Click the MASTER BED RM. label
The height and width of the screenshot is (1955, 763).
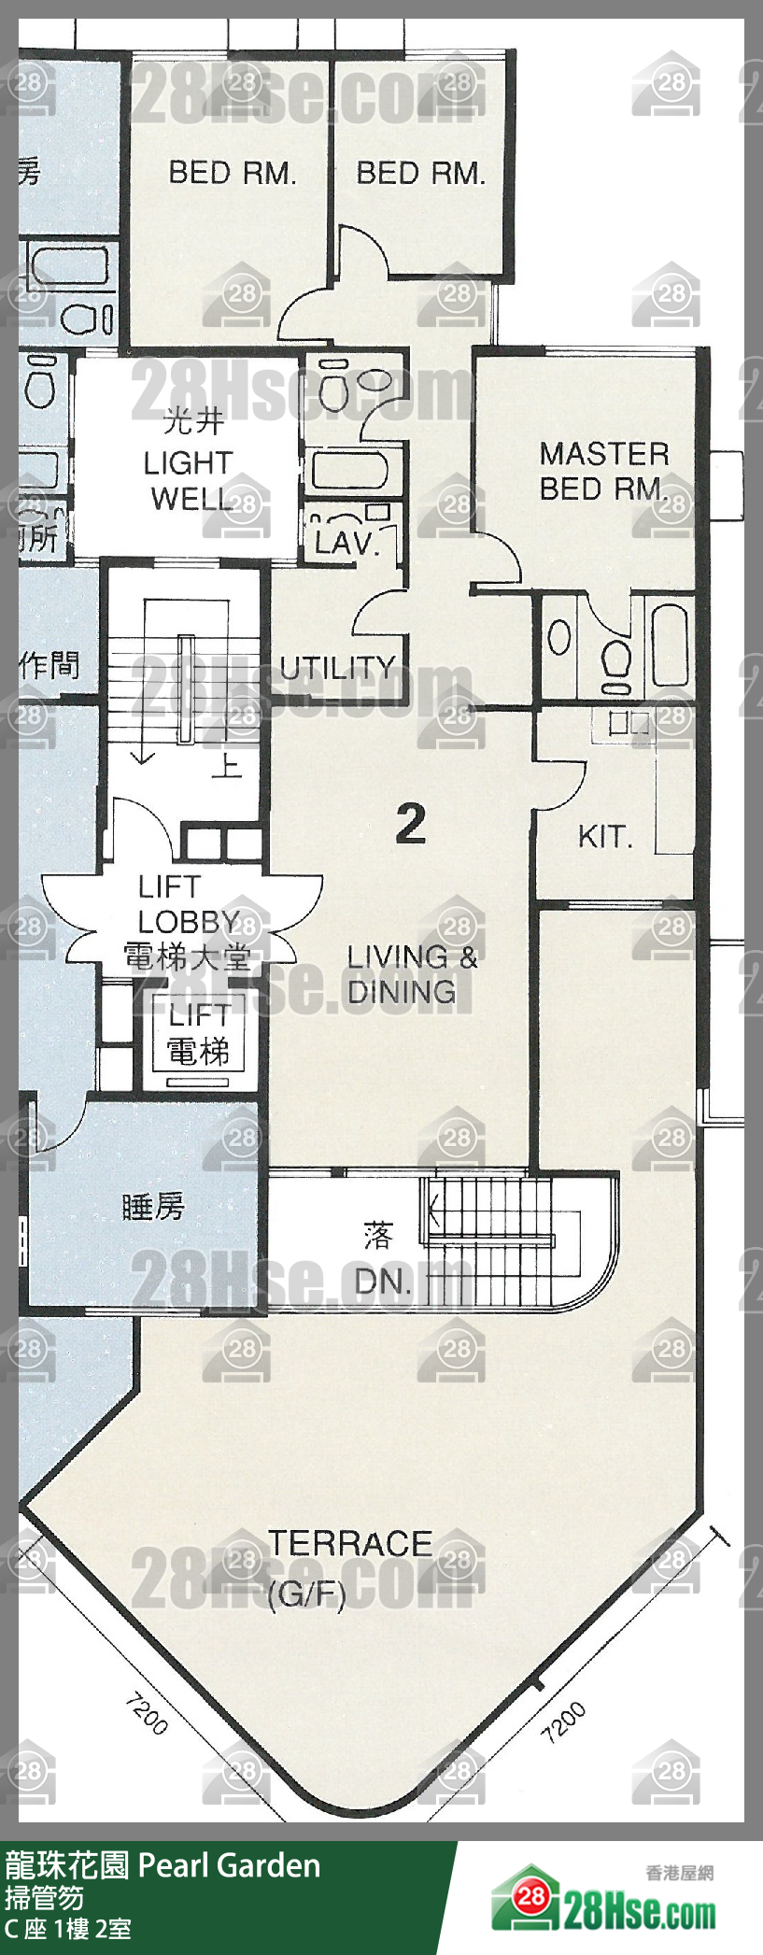604,471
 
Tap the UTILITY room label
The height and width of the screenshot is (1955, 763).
337,668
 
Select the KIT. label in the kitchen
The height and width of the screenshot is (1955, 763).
605,836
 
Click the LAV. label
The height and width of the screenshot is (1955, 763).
345,543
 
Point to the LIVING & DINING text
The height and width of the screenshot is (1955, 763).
411,974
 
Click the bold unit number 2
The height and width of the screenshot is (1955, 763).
411,824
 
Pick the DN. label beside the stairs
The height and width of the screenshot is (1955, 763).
383,1282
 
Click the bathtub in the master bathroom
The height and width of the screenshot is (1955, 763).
670,645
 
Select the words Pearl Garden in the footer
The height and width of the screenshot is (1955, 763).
229,1866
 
